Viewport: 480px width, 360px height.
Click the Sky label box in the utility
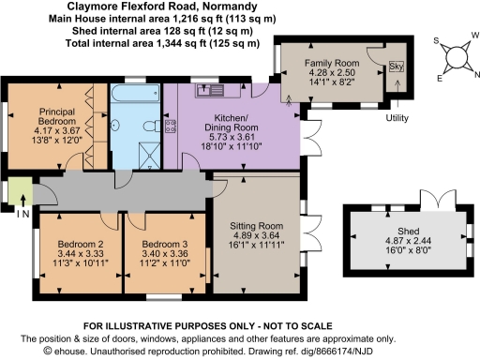[x=395, y=67]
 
